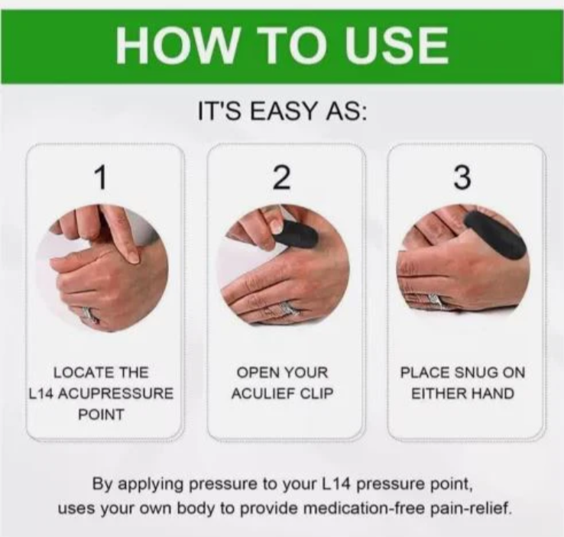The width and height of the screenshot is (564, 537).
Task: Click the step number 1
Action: (102, 177)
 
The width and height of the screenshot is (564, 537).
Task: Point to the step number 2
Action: (282, 177)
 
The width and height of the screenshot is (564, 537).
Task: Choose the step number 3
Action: (462, 177)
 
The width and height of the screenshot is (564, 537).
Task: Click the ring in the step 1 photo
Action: (89, 315)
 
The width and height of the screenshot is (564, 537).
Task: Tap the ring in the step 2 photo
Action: (286, 309)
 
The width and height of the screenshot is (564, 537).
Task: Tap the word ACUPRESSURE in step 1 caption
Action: (115, 394)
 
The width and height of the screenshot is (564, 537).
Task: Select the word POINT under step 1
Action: (101, 415)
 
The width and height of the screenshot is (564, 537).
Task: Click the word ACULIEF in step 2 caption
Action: (264, 394)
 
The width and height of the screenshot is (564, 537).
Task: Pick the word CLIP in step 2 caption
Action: (317, 394)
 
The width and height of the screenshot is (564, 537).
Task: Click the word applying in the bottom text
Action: (151, 484)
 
